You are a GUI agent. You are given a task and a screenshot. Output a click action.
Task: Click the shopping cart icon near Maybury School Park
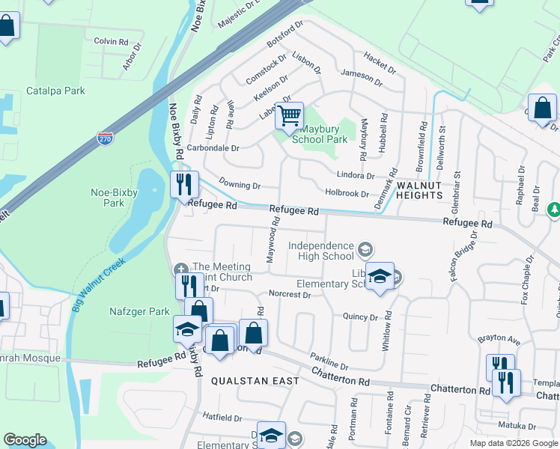[x=289, y=116]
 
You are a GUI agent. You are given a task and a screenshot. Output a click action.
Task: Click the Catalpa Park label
[x=55, y=91]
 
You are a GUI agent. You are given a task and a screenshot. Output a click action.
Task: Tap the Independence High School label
[x=321, y=251]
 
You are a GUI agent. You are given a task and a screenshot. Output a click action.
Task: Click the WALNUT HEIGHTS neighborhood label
[x=420, y=189]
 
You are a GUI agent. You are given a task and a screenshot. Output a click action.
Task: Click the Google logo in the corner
[x=25, y=440]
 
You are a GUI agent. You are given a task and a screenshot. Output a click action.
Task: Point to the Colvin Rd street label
[x=111, y=42]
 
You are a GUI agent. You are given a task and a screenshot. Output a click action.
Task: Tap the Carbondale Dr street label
[x=213, y=148]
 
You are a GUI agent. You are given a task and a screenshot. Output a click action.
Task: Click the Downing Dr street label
[x=240, y=184]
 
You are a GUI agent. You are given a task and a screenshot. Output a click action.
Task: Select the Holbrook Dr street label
[x=347, y=194]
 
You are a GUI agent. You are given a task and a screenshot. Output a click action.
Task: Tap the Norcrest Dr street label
[x=289, y=295]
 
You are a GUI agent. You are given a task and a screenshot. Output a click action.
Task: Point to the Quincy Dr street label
[x=360, y=317]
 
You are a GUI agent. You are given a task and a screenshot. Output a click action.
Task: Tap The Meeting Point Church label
[x=222, y=272]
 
